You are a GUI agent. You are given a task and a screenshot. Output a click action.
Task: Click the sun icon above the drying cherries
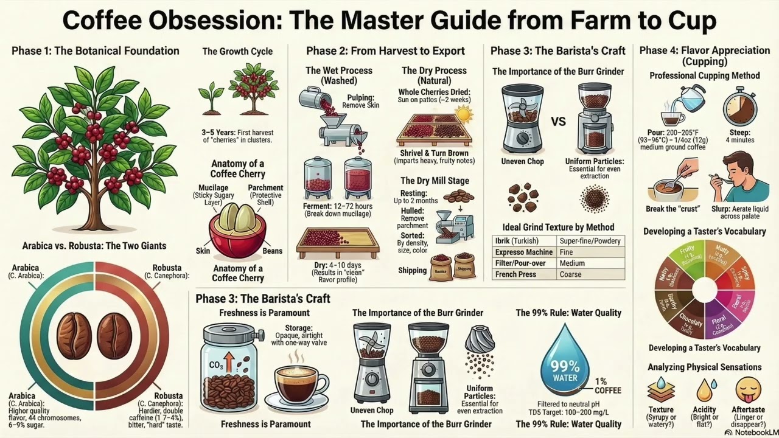pyautogui.click(x=464, y=114)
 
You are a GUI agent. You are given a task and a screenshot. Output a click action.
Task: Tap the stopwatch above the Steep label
pyautogui.click(x=739, y=106)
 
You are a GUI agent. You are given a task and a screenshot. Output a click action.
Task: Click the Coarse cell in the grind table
pyautogui.click(x=570, y=274)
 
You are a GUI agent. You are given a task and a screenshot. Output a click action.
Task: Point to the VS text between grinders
pyautogui.click(x=558, y=121)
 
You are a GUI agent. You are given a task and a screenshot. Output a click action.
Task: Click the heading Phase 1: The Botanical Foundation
pyautogui.click(x=96, y=51)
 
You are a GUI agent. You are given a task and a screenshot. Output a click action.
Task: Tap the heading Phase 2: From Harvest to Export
pyautogui.click(x=385, y=51)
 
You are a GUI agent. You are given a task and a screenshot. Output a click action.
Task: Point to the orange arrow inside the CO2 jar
pyautogui.click(x=229, y=363)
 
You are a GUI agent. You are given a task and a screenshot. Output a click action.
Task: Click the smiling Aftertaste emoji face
pyautogui.click(x=748, y=390)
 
